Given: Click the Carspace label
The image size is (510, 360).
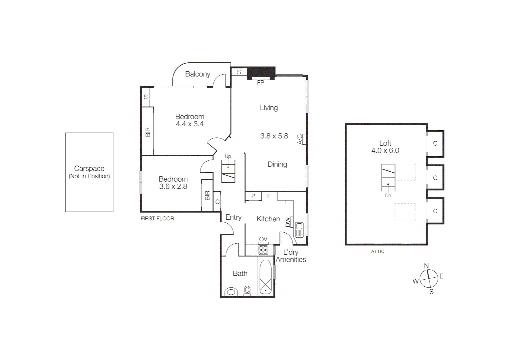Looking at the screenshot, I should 89,169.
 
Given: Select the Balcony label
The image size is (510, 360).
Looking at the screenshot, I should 198,74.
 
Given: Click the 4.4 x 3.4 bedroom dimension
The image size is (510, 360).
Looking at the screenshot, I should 190,124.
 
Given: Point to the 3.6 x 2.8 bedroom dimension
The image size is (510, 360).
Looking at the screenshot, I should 173,187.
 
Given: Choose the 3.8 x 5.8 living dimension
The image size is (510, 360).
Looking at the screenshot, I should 274,136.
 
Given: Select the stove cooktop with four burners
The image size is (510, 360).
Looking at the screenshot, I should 263,250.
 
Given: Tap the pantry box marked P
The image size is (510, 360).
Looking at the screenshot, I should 253,196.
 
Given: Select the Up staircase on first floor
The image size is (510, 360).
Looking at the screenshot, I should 228,171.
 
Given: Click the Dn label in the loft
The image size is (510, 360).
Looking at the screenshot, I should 388,195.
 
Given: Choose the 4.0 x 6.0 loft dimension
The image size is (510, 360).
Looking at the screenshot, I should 385,151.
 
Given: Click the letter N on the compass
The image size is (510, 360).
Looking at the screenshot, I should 426,266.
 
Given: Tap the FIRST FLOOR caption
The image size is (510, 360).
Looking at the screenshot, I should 157,219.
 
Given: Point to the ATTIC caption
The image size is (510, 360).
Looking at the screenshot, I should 378,252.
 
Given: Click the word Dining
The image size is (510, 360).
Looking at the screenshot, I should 277,164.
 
